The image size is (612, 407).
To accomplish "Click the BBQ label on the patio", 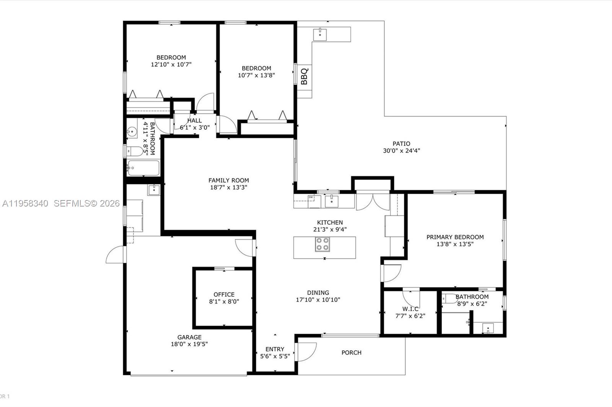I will tap(304, 76).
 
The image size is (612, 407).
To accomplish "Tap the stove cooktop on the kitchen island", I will tap(322, 244).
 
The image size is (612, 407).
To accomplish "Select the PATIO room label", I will tap(401, 144).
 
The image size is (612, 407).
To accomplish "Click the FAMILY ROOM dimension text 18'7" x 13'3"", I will tap(228, 187).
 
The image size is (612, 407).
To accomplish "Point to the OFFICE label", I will tap(224, 294).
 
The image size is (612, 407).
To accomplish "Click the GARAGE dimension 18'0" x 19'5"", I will tap(189, 344).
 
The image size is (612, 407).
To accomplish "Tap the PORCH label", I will tap(351, 352).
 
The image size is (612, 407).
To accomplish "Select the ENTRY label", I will tap(275, 349).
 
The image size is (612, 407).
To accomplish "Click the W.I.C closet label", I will tap(410, 308).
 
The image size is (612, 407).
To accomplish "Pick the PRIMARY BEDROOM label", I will tap(455, 237).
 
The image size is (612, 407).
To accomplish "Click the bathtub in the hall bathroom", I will tap(143, 168).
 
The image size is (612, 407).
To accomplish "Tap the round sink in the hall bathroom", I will tap(132, 133).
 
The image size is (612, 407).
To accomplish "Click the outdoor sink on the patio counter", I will tap(320, 34).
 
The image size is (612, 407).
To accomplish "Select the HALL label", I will tap(194, 120).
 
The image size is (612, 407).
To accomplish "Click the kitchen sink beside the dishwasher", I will tap(331, 201).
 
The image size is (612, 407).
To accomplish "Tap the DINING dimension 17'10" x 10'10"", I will tap(318, 300).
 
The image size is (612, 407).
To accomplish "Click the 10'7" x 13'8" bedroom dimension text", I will tap(256, 75).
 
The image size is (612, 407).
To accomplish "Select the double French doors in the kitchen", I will tap(373, 201).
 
